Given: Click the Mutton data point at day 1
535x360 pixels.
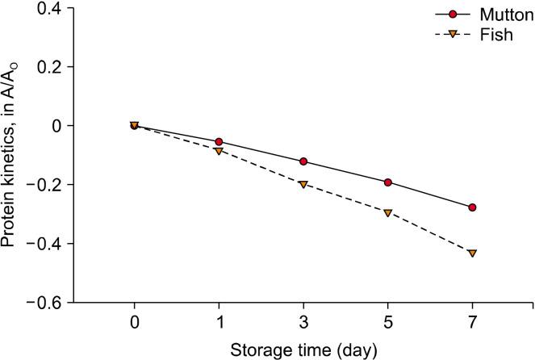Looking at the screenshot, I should pos(219,142).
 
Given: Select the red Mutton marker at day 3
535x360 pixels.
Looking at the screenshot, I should pos(303,161).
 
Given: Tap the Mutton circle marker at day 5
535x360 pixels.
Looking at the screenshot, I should pos(388,182).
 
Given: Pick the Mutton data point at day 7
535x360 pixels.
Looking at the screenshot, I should pos(472,207).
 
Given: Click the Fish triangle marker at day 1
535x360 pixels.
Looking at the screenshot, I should pos(219,151).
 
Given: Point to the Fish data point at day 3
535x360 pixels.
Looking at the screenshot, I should pos(303,185).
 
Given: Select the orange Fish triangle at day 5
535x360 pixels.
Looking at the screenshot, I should pos(388,213).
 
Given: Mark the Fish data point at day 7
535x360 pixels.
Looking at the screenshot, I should pos(472,253).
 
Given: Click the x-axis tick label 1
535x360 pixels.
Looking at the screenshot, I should pos(219,322).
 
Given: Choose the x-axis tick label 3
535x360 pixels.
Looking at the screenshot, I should pos(303,322).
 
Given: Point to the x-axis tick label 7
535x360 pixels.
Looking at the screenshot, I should pos(472,322).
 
